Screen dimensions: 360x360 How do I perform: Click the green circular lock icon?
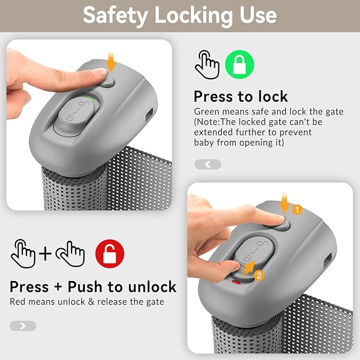point(240,65)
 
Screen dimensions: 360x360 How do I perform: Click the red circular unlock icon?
point(110,254)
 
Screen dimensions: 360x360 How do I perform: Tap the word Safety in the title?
point(115,15)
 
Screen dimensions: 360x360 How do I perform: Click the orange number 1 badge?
point(297,210)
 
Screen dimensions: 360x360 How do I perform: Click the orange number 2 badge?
point(259,275)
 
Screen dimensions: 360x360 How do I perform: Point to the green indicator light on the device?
point(89,99)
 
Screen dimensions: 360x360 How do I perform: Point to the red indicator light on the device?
point(236,282)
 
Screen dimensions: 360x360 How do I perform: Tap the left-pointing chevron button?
point(208,164)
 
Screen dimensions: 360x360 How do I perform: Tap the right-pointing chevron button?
point(23,326)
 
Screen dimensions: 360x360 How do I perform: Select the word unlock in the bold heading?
point(152,287)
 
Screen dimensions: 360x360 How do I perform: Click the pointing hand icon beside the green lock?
point(207,65)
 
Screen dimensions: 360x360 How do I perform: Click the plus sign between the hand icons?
point(45,253)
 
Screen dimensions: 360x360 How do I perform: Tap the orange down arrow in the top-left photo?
point(111,62)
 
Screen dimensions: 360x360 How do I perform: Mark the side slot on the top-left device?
point(150,114)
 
